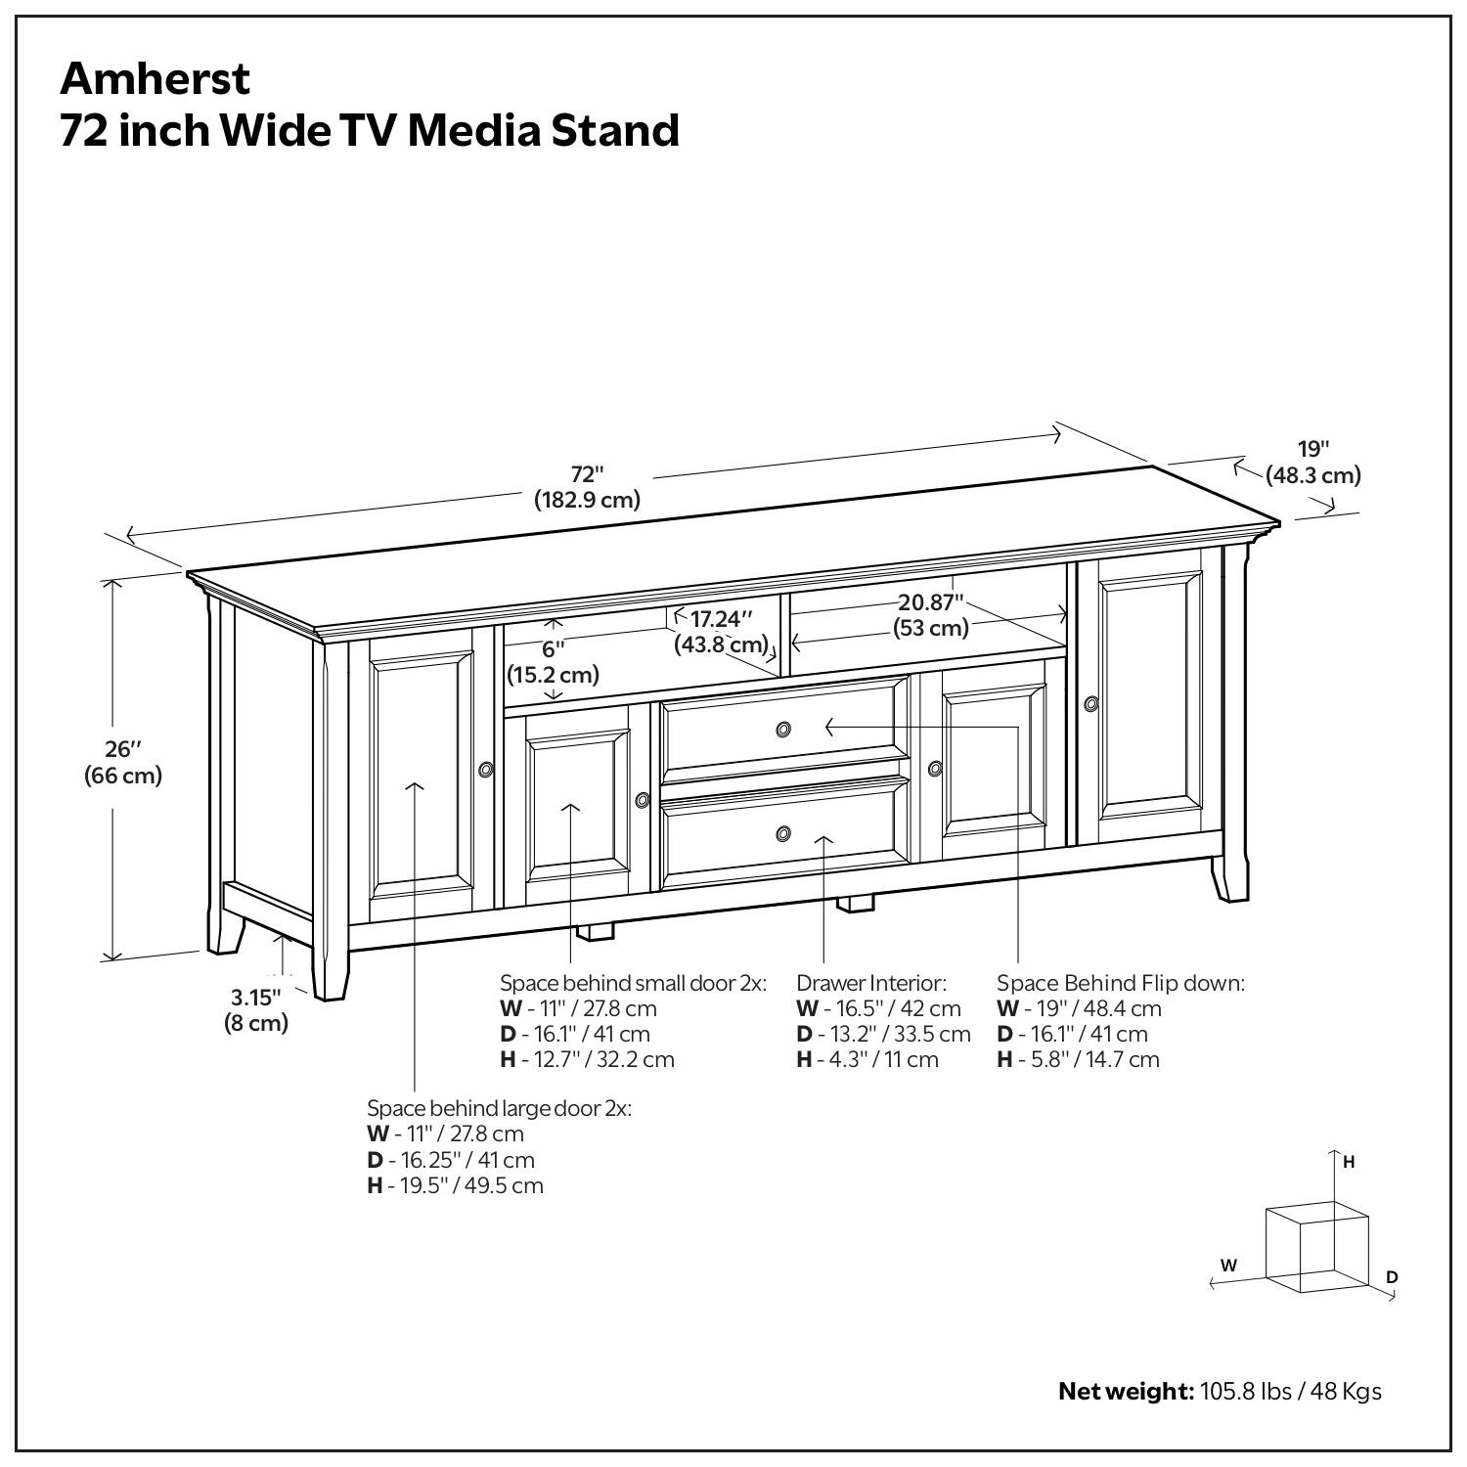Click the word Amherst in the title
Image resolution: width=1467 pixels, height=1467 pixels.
[156, 78]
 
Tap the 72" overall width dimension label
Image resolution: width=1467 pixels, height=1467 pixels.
[587, 487]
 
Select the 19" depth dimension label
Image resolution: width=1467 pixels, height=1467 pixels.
[1313, 462]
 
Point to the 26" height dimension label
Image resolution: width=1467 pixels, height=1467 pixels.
[123, 763]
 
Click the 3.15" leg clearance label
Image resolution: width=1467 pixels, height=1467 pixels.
[256, 1010]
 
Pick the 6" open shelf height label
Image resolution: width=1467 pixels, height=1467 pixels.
[553, 661]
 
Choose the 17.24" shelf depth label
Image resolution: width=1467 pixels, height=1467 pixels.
[721, 631]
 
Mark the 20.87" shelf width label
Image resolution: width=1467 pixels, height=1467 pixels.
[931, 615]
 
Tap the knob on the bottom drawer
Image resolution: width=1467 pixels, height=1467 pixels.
[783, 833]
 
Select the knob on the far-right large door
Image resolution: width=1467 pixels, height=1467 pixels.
[1090, 703]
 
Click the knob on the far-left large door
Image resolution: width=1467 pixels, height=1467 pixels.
[486, 770]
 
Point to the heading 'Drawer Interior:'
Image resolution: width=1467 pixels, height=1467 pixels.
[871, 983]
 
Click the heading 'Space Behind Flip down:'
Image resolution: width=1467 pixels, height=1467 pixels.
[1121, 983]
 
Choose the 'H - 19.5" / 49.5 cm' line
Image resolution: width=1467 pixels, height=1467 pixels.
[455, 1185]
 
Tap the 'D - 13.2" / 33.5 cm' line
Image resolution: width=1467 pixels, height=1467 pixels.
[883, 1034]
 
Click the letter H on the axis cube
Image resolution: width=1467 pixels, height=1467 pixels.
[1349, 1162]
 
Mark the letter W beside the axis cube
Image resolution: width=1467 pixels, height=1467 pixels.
[1228, 1265]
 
